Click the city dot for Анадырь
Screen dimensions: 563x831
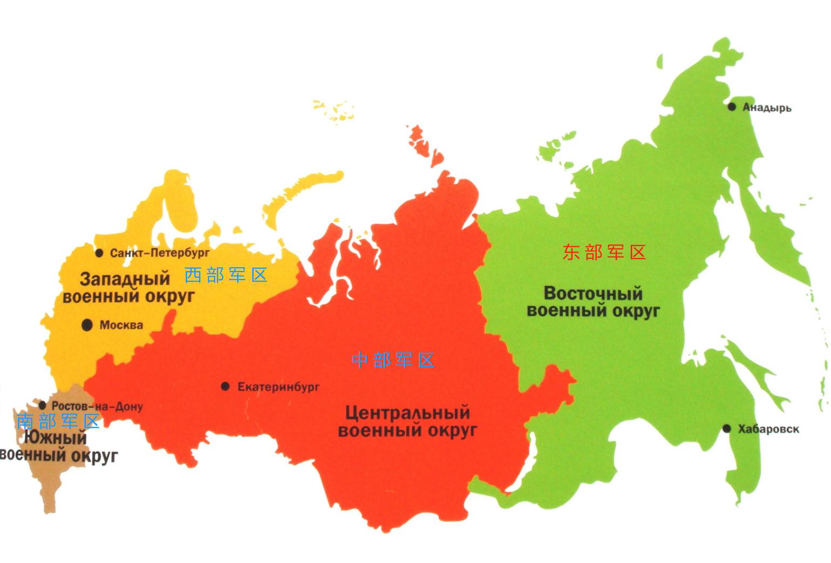(732, 107)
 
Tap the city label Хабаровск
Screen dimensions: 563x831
(768, 429)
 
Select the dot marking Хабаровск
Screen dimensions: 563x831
(727, 429)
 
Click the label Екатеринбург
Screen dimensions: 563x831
(278, 387)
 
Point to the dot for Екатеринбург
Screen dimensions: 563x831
(225, 386)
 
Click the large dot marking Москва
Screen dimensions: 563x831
(86, 325)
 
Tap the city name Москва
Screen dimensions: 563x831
(121, 325)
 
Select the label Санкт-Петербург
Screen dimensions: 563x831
(160, 253)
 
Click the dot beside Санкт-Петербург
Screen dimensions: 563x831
(99, 253)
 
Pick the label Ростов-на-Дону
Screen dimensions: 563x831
(97, 406)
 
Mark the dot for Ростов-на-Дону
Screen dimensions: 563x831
(43, 405)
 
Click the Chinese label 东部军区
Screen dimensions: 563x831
(604, 252)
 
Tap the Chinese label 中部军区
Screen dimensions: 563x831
(393, 360)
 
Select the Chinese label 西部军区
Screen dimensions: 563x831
(226, 275)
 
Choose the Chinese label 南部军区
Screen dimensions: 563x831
(58, 421)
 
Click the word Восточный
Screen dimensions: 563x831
(593, 294)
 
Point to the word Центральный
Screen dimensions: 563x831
(407, 413)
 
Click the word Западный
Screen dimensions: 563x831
(125, 279)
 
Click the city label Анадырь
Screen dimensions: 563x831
(767, 107)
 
